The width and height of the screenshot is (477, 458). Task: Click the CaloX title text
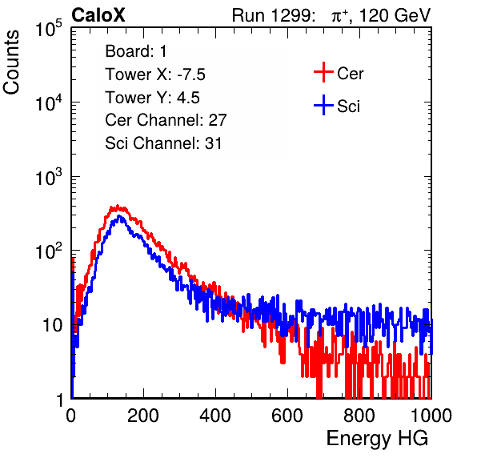[x=98, y=15]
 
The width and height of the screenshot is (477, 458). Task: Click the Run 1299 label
[x=273, y=15]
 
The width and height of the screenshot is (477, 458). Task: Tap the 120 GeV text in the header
[x=395, y=15]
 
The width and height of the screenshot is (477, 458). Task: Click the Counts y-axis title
[x=11, y=62]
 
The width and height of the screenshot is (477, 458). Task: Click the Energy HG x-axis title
[x=377, y=438]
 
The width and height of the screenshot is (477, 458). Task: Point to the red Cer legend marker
[x=323, y=72]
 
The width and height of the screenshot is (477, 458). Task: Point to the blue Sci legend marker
[x=323, y=106]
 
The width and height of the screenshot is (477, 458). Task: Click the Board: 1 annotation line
[x=136, y=51]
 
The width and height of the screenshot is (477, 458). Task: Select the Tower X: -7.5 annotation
[x=155, y=74]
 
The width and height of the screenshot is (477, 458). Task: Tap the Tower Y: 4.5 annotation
[x=152, y=98]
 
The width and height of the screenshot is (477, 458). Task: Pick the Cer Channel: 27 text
[x=166, y=120]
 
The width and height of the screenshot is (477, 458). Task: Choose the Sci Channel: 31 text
[x=163, y=143]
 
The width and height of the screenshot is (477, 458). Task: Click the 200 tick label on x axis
[x=143, y=416]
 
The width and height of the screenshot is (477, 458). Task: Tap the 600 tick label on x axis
[x=287, y=416]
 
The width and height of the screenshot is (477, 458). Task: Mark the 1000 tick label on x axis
[x=431, y=416]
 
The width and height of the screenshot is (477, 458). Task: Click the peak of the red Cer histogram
[x=118, y=206]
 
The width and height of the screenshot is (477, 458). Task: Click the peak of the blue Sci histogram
[x=119, y=216]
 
